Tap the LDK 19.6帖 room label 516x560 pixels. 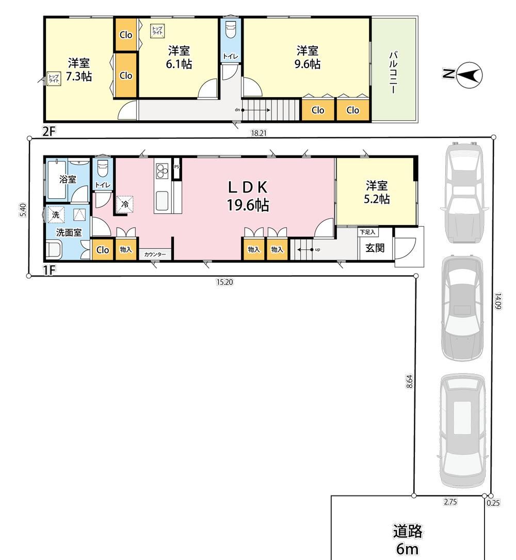[x=248, y=196]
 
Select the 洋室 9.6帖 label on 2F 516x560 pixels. [x=307, y=57]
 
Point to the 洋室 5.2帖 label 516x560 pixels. [x=376, y=193]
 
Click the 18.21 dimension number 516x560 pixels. [x=259, y=133]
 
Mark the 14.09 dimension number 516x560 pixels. [x=498, y=301]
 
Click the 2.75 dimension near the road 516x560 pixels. [x=450, y=502]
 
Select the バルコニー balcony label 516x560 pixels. [x=394, y=72]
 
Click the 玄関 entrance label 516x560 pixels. [x=375, y=248]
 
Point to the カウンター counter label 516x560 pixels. [x=155, y=254]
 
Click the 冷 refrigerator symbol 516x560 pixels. [x=125, y=204]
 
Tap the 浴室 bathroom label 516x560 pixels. [x=68, y=179]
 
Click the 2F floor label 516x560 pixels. [x=49, y=132]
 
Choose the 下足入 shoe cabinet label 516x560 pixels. [x=367, y=232]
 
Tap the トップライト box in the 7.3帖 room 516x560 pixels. [x=54, y=78]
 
